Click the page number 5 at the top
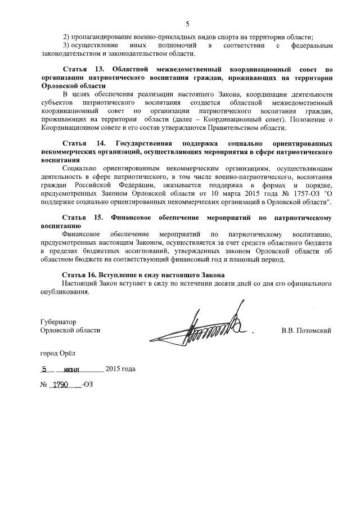188,24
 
